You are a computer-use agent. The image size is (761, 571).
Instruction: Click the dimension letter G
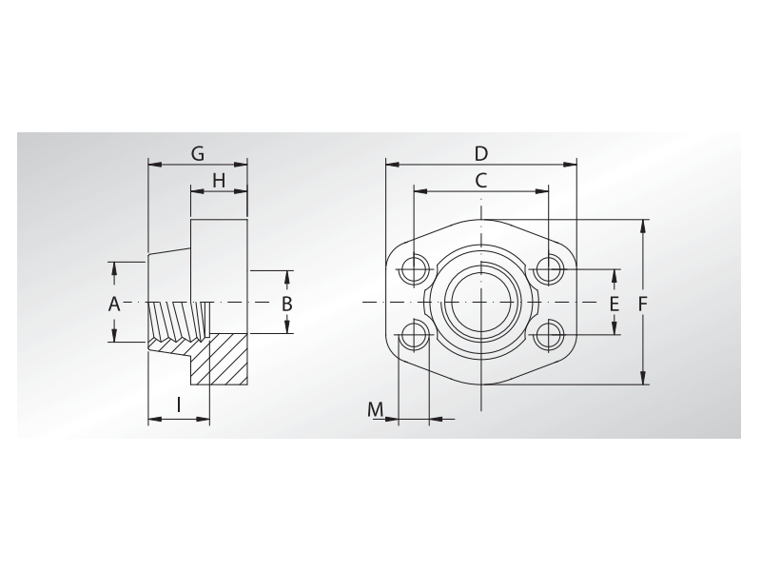pyautogui.click(x=198, y=153)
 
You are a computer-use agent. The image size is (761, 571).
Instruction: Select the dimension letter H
pyautogui.click(x=219, y=181)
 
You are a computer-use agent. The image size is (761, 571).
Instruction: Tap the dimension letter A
pyautogui.click(x=113, y=305)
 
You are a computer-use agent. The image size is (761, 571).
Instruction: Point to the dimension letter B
pyautogui.click(x=287, y=305)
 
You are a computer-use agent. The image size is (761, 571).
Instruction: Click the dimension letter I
pyautogui.click(x=179, y=404)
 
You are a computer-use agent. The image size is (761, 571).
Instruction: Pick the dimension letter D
pyautogui.click(x=481, y=153)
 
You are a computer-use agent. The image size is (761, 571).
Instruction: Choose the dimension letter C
pyautogui.click(x=480, y=181)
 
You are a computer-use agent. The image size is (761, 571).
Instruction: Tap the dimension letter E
pyautogui.click(x=615, y=305)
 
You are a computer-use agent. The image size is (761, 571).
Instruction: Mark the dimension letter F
pyautogui.click(x=643, y=305)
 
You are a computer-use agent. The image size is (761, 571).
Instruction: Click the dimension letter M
pyautogui.click(x=375, y=409)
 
